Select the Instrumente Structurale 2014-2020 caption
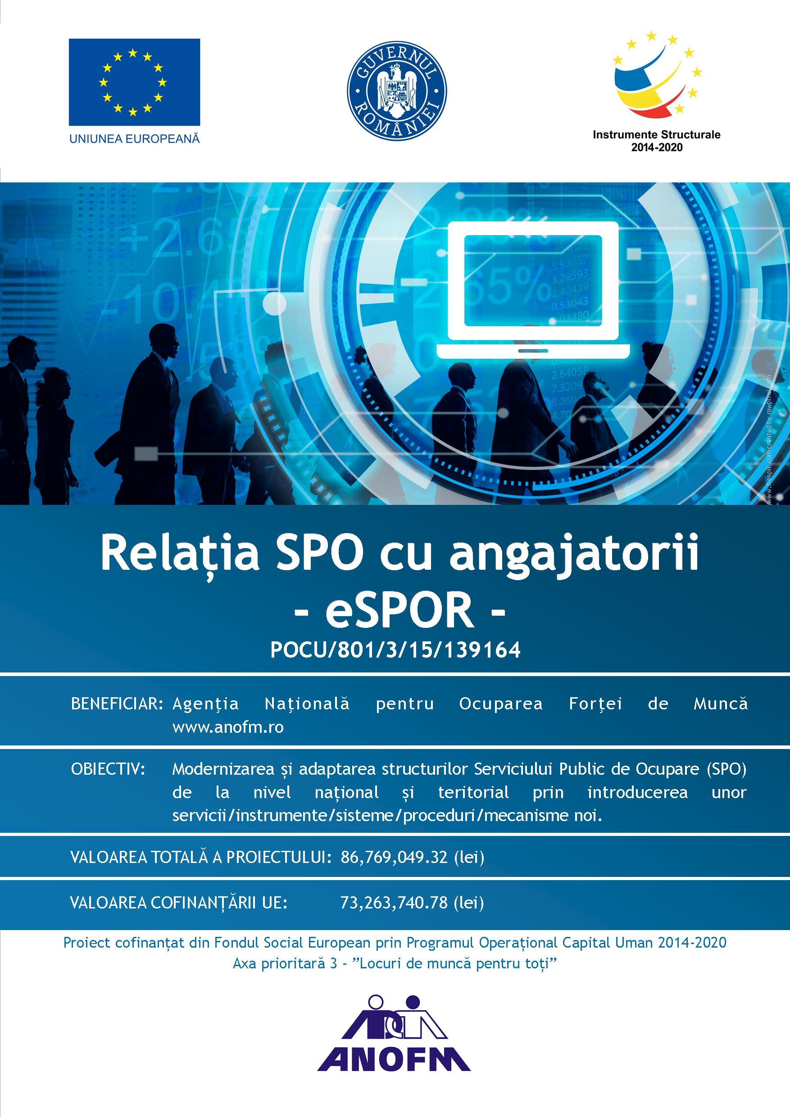[x=656, y=140]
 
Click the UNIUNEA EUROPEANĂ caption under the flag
[x=135, y=138]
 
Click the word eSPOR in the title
[x=400, y=612]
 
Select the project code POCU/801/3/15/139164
[x=395, y=650]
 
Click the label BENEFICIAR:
[x=117, y=704]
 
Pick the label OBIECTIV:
[x=109, y=770]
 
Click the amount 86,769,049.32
[x=394, y=857]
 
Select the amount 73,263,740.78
[x=394, y=903]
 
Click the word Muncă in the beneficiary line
[x=721, y=704]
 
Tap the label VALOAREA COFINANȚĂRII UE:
[x=178, y=903]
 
